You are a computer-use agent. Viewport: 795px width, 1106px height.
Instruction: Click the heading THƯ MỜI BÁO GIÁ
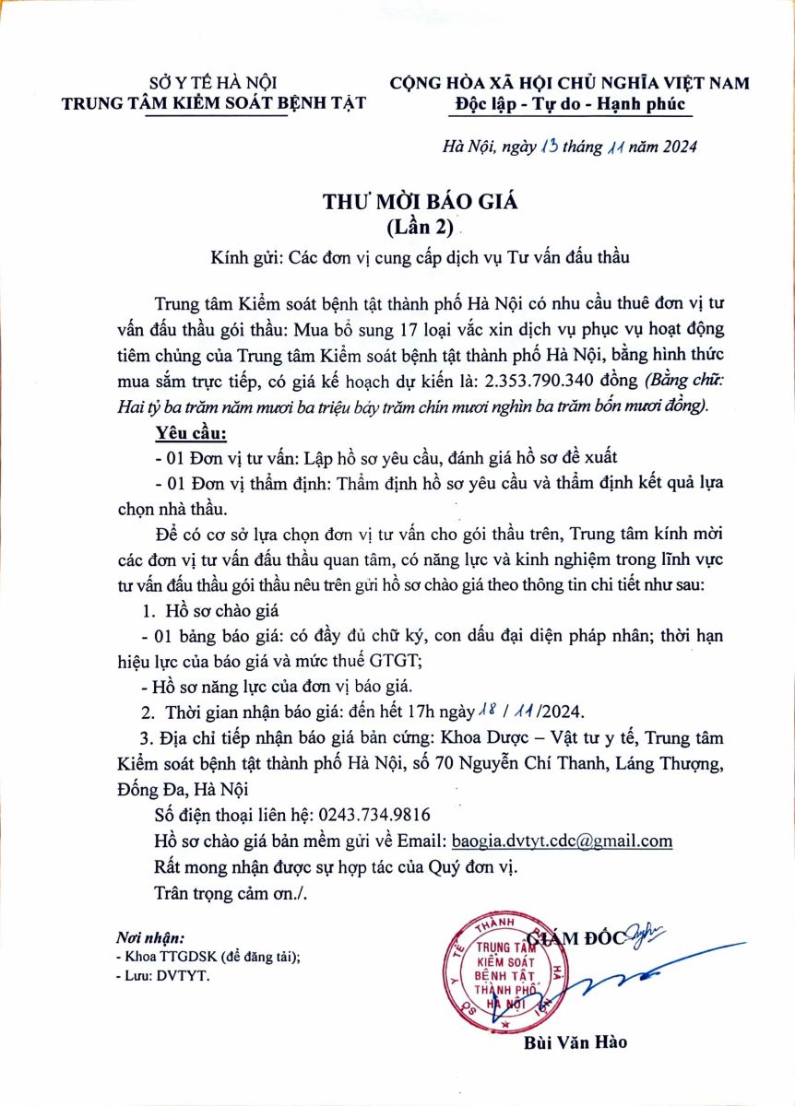point(397,200)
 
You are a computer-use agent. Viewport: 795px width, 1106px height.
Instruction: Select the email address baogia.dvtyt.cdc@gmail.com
point(562,841)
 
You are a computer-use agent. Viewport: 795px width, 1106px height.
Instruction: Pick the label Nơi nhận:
point(150,937)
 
